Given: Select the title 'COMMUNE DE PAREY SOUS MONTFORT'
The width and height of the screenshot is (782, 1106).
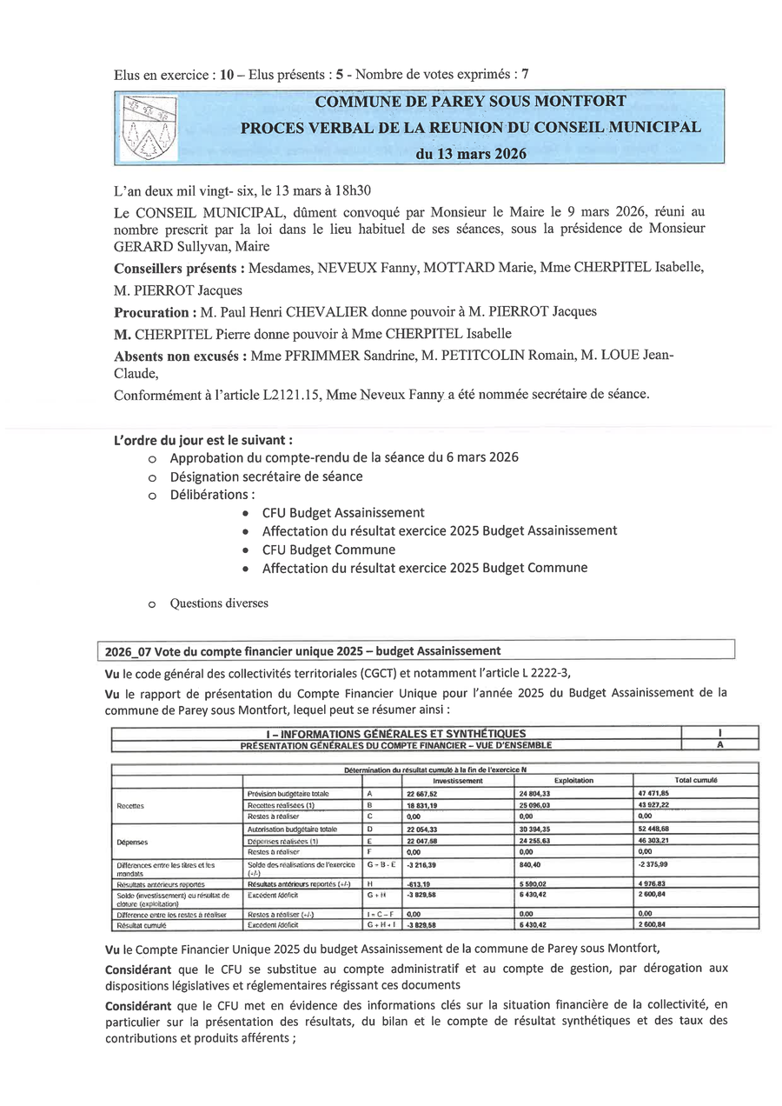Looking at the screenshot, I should pos(470,101).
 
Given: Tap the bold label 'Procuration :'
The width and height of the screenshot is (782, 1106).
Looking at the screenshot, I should pos(152,311).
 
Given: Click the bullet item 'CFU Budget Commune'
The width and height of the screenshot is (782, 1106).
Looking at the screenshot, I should pos(328,550).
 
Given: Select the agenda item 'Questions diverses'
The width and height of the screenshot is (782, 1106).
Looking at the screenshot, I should pos(219,603).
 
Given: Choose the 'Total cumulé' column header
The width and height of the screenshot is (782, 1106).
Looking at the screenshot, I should pos(695,781).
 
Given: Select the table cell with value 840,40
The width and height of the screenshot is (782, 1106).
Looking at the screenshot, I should pos(530,865).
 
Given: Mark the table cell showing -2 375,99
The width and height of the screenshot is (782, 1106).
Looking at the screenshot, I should pos(654,865).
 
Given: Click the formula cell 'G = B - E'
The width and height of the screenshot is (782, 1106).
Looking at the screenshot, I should pos(381,865).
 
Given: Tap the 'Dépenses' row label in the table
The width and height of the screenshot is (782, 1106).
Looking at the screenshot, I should pos(131,842).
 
